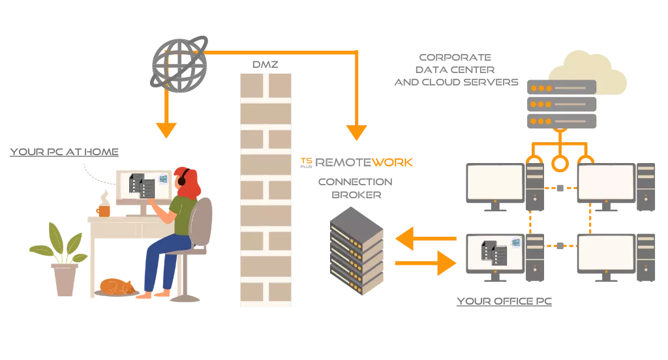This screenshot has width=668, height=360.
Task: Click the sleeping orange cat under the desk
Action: (117, 286)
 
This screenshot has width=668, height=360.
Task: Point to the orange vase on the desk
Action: (103, 209)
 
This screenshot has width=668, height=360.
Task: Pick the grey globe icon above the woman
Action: (177, 61)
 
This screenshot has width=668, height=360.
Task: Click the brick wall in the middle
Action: (266, 189)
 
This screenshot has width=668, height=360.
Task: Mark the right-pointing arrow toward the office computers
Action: (424, 263)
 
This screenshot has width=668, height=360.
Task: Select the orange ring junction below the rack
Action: (559, 162)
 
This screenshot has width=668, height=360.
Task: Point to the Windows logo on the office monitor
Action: (515, 243)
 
